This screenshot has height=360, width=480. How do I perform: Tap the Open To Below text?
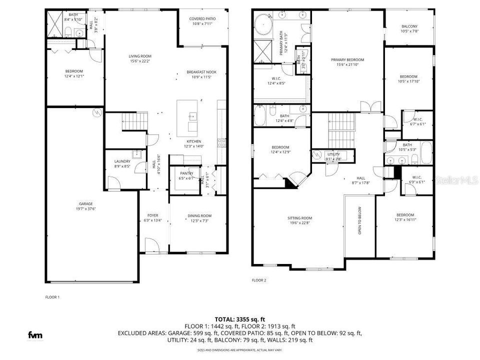(x=358, y=220)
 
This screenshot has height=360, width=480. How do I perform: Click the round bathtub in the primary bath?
(x=263, y=22)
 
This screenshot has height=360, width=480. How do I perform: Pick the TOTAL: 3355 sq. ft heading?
(x=239, y=318)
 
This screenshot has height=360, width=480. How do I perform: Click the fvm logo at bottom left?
(x=34, y=334)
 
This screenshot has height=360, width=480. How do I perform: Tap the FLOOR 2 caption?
(x=259, y=280)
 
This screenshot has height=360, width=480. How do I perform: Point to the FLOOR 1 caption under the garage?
(x=52, y=297)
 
